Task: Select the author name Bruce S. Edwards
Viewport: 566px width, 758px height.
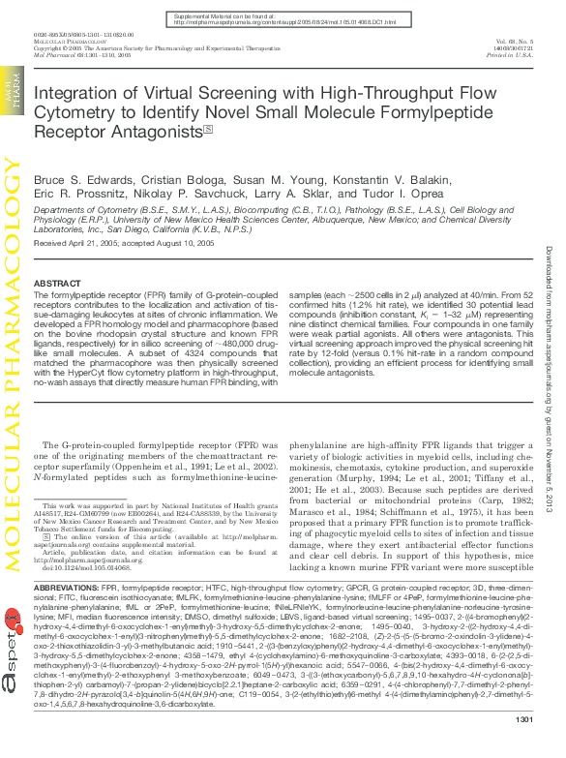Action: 74,179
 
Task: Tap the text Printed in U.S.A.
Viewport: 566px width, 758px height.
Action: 511,56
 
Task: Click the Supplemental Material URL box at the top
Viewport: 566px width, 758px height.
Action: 283,20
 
